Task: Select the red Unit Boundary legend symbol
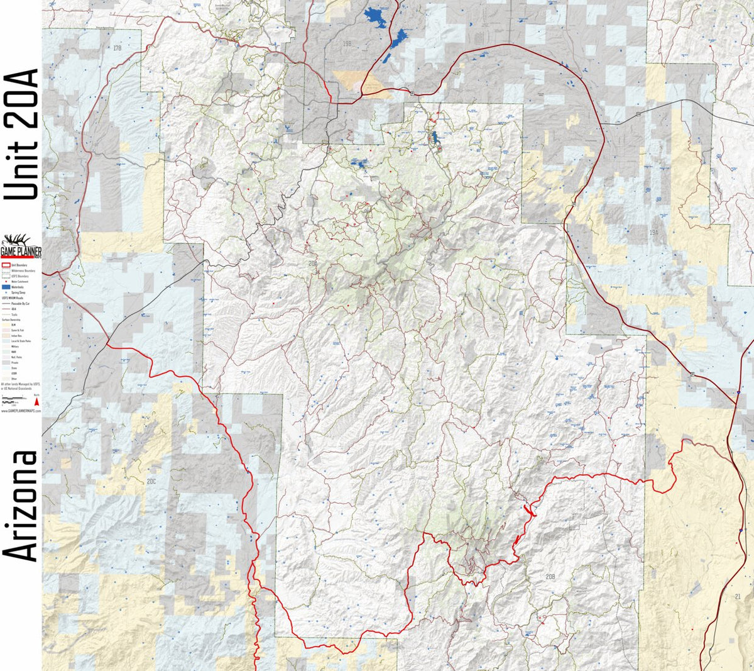tap(6, 265)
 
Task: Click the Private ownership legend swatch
tap(6, 363)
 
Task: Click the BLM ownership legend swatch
tap(6, 324)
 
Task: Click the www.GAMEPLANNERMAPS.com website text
tap(21, 411)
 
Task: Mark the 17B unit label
tap(117, 48)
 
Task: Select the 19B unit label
tap(347, 43)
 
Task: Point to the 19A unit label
tap(653, 233)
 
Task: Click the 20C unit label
tap(151, 481)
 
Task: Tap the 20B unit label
tap(550, 576)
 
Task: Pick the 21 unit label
tap(737, 596)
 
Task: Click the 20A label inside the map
tap(313, 263)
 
